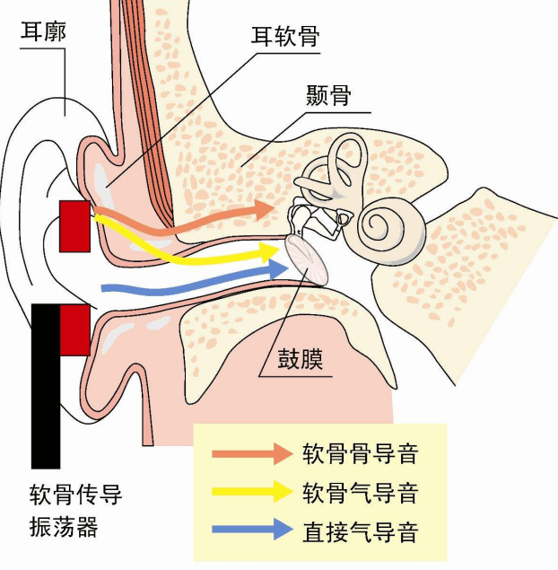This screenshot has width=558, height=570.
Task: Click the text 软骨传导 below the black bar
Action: pos(74,495)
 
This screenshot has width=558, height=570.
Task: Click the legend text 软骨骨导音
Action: pos(360,453)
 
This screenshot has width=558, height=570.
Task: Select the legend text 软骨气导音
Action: pos(360,491)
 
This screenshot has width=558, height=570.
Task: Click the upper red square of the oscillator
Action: pos(74,225)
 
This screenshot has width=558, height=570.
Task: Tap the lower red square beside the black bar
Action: pos(74,329)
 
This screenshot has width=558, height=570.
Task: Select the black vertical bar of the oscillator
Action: pos(46,386)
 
